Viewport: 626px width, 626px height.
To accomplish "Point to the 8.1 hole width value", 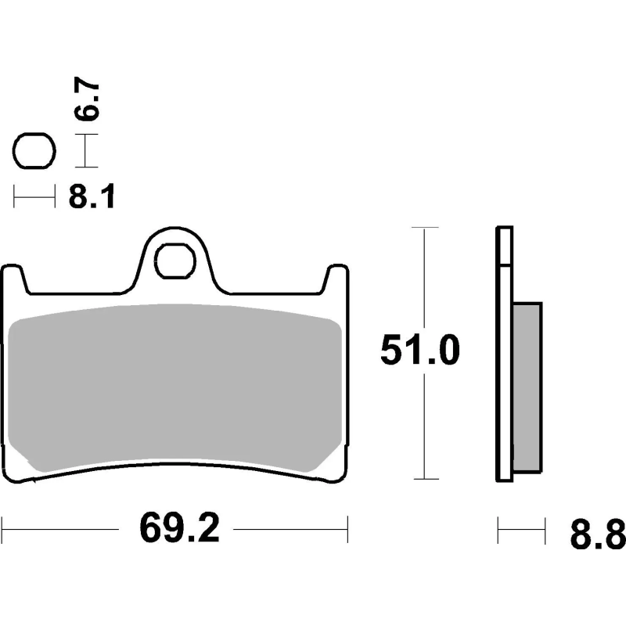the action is pyautogui.click(x=92, y=197).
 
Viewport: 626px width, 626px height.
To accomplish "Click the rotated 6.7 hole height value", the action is pyautogui.click(x=86, y=99).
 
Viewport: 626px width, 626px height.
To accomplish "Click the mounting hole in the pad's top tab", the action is pyautogui.click(x=175, y=261).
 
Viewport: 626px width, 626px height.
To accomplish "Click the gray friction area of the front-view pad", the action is pyautogui.click(x=175, y=387).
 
